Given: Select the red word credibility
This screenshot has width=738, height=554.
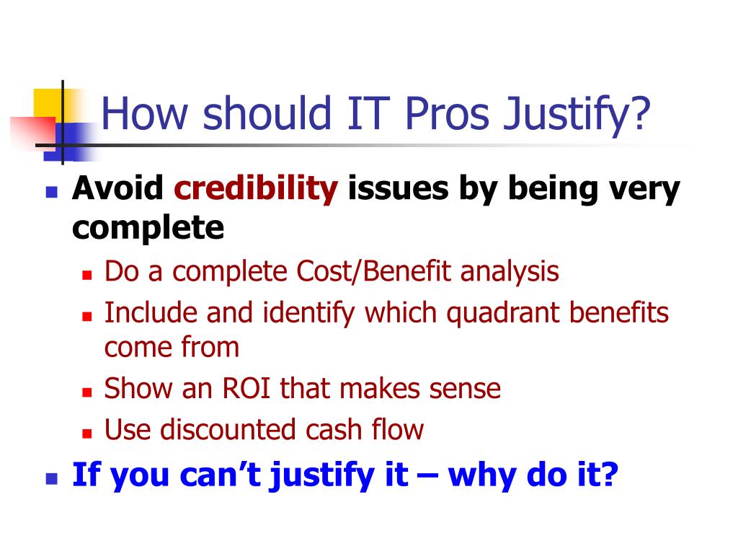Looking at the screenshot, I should (256, 189).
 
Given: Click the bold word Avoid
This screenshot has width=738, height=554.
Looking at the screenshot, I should (118, 189).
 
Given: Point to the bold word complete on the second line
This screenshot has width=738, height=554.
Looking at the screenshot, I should (148, 229).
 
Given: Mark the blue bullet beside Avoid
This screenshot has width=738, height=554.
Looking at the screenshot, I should (51, 193).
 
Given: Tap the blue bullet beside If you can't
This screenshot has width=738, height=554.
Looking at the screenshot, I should (51, 478).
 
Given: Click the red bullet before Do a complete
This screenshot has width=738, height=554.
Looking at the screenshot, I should (86, 276).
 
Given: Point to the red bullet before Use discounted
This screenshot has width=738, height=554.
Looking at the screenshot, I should (86, 434).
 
